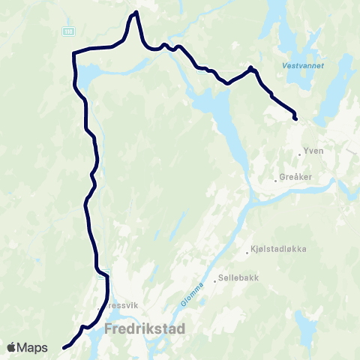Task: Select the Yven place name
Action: tap(313, 150)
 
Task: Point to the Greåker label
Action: tap(294, 178)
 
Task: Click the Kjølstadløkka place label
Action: tap(281, 248)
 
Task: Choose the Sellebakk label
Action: tap(238, 278)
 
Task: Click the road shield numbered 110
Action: tap(69, 31)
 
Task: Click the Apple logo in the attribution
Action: tap(13, 347)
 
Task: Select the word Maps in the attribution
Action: tap(34, 347)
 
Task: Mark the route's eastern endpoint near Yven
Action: tap(295, 118)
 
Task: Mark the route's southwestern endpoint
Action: tap(64, 347)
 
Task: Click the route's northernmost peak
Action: tap(136, 13)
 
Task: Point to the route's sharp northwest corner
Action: tap(73, 53)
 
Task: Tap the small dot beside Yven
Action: tap(299, 154)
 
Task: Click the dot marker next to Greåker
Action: tap(275, 181)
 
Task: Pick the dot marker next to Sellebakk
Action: tap(215, 281)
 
